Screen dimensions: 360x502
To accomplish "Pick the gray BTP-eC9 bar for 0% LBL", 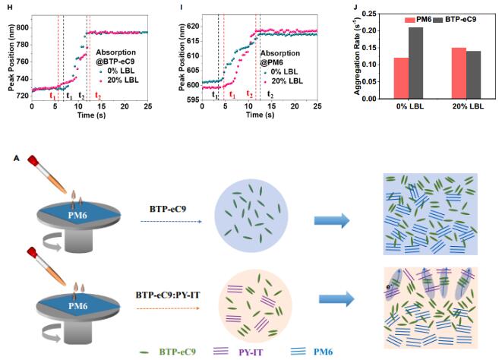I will tap(415, 63).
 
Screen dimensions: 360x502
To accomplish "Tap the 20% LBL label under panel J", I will tap(468, 107).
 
